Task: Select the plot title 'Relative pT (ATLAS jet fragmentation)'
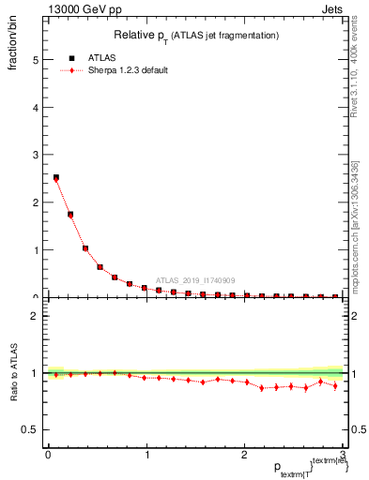tap(196, 35)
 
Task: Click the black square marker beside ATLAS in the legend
tap(71, 58)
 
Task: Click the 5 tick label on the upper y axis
tap(36, 59)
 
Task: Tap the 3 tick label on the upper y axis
tap(36, 155)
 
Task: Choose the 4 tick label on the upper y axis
tap(36, 107)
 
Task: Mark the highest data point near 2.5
tap(56, 177)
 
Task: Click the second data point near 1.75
tap(70, 215)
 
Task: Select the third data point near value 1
tap(85, 248)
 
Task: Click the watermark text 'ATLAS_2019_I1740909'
tap(197, 279)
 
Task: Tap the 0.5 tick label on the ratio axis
tap(31, 429)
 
